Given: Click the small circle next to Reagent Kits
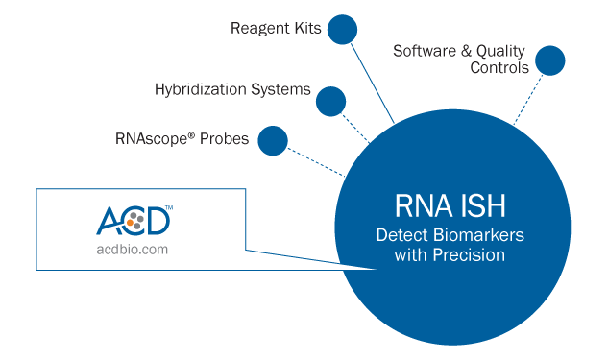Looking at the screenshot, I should click(x=342, y=30).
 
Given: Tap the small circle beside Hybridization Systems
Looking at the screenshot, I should click(x=330, y=101).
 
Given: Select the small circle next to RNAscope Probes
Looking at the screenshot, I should click(x=273, y=140).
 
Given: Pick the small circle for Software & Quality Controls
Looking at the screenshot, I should click(x=550, y=60).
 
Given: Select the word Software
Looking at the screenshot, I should click(x=426, y=50).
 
